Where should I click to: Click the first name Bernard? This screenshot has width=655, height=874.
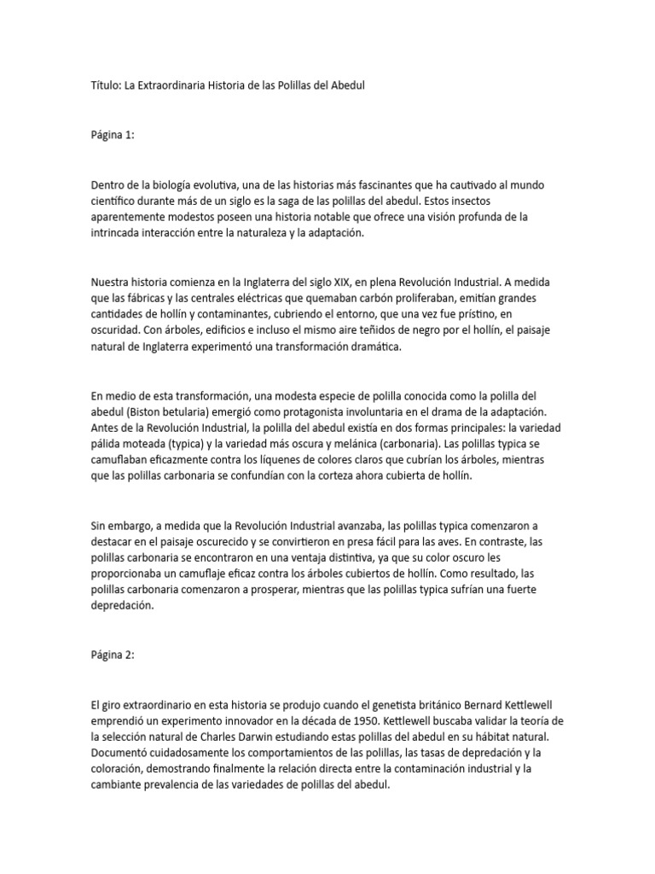(485, 704)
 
